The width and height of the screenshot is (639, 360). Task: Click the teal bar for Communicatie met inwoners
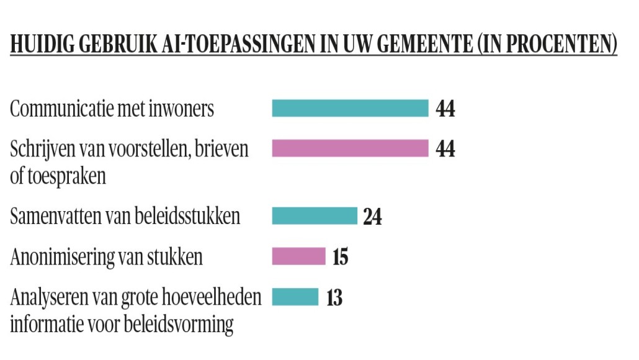click(x=350, y=108)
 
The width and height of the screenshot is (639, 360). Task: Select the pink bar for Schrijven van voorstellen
click(x=350, y=148)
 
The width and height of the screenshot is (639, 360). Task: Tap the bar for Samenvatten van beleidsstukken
click(x=315, y=216)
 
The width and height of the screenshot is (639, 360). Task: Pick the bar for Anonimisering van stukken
click(x=298, y=256)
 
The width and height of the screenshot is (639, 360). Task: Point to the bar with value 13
click(x=295, y=297)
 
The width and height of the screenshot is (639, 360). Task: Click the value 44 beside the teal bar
click(x=445, y=109)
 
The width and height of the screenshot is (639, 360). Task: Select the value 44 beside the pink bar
click(x=445, y=149)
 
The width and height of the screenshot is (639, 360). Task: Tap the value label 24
click(x=372, y=217)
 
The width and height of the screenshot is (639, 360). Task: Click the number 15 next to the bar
click(x=340, y=257)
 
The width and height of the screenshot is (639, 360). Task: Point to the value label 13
click(x=334, y=298)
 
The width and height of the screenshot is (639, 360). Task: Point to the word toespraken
click(x=68, y=176)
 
